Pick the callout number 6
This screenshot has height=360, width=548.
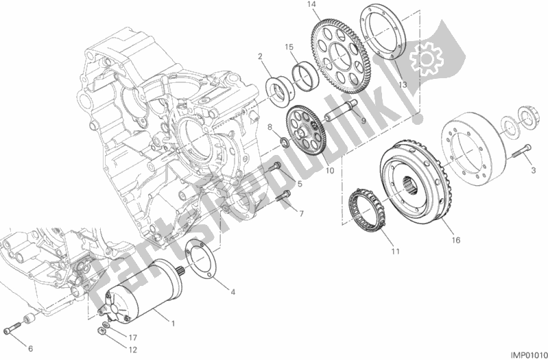tap(29, 348)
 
